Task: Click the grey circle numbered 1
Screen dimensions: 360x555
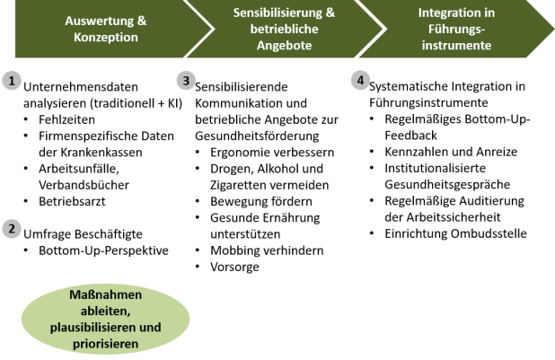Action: tap(11, 81)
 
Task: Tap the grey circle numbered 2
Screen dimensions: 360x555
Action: tap(11, 229)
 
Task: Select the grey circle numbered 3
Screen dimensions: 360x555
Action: tap(185, 81)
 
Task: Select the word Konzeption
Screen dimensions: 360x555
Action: tap(106, 39)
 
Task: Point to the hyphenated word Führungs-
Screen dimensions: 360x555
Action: tap(454, 30)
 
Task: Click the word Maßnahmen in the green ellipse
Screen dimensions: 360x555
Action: tap(106, 295)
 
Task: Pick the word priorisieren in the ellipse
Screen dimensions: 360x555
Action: tap(106, 344)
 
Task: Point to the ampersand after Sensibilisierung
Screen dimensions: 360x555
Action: tap(330, 14)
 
